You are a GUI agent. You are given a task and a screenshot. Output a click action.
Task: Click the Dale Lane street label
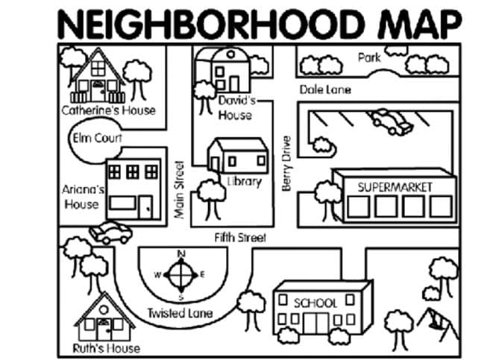(x=325, y=90)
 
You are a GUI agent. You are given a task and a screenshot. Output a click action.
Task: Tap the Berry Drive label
(x=286, y=163)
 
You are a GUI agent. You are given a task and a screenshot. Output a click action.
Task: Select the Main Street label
(x=179, y=190)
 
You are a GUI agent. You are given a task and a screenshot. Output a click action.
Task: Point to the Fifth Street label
(x=240, y=238)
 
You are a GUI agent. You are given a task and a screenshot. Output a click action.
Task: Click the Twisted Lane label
(x=180, y=313)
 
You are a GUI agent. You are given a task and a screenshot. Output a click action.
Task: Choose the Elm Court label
(x=97, y=138)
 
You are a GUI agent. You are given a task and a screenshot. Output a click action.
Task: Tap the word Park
(x=369, y=57)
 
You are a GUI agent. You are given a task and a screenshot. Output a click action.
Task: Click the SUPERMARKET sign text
(x=395, y=187)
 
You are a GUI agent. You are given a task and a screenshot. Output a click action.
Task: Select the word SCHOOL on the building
(x=315, y=303)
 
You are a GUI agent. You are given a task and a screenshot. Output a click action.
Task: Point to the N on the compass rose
(x=181, y=253)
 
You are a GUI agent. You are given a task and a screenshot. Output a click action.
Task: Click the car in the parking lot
(x=391, y=122)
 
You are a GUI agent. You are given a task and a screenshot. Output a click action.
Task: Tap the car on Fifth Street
(x=110, y=233)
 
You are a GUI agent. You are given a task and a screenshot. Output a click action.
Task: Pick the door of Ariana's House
(x=146, y=207)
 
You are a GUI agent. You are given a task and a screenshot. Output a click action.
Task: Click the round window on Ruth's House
(x=104, y=310)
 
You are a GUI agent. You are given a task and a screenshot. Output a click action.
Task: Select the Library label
(x=245, y=182)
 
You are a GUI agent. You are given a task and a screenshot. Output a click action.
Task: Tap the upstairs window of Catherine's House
(x=98, y=68)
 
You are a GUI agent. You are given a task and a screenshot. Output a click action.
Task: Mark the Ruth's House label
(x=106, y=348)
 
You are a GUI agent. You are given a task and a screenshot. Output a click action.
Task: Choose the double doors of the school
(x=316, y=323)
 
